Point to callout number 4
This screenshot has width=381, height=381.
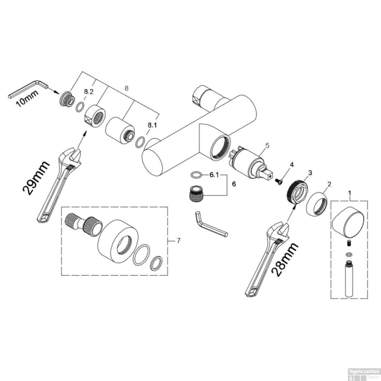[292, 165]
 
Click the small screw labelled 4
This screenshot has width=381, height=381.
[279, 181]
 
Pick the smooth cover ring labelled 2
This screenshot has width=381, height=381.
[316, 203]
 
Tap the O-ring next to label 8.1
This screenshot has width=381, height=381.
[140, 142]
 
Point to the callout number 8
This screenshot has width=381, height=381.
[126, 88]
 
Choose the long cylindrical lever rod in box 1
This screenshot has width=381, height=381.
[350, 279]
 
